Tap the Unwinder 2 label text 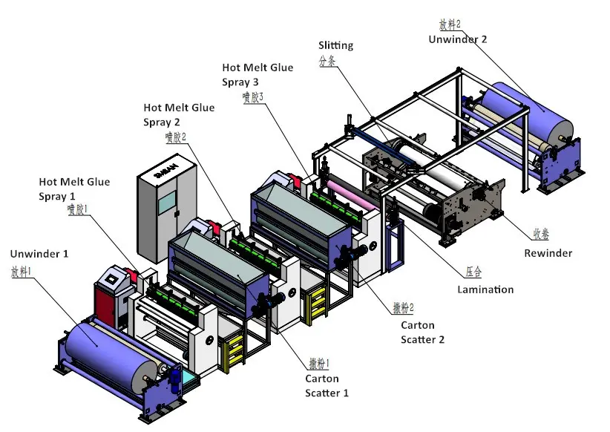coord(458,39)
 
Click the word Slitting coord(335,46)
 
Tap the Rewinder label coord(548,253)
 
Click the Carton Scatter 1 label coord(327,385)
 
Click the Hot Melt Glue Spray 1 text coord(74,189)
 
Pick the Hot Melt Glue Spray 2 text coord(179,114)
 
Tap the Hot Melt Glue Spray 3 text coord(257,74)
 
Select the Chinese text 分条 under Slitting coord(327,62)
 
